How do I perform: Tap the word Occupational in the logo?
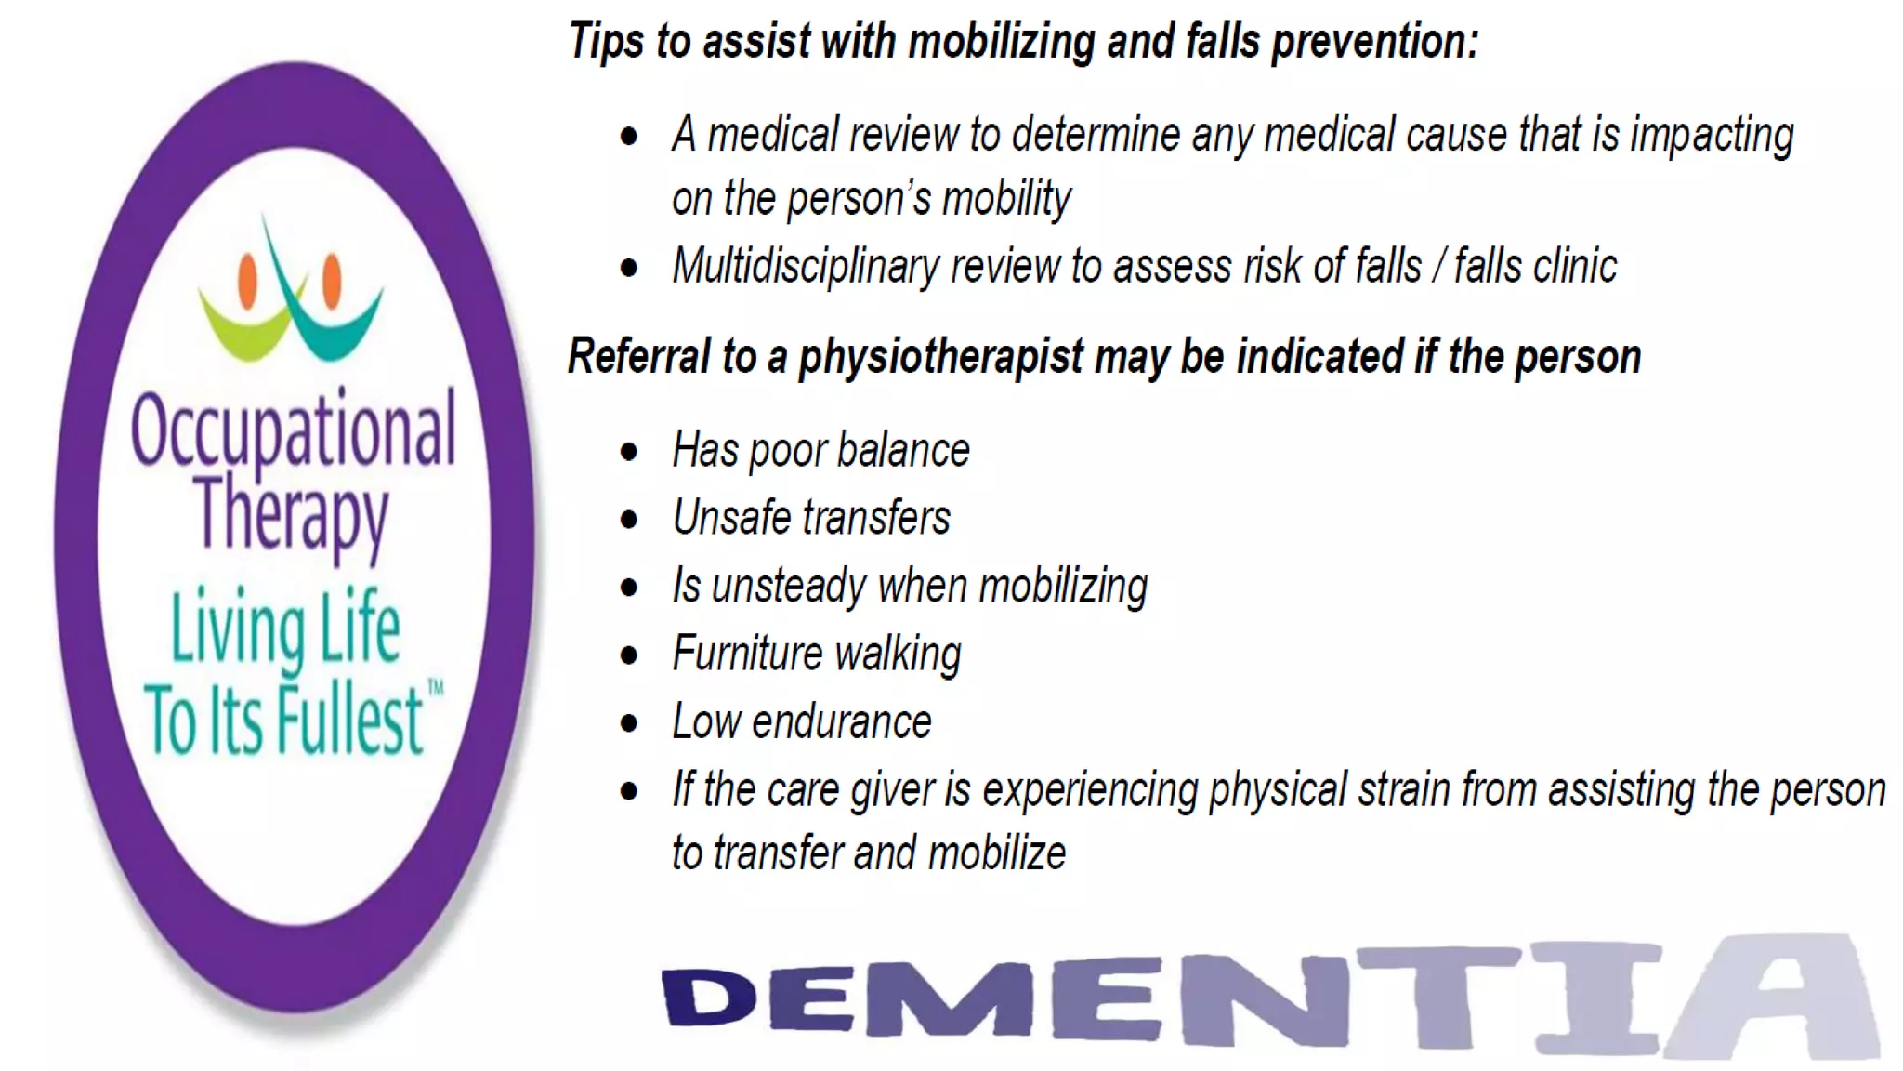point(294,430)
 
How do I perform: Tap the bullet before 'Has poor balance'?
point(629,453)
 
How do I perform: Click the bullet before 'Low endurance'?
point(629,723)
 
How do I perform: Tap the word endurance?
point(841,722)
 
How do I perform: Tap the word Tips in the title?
point(607,42)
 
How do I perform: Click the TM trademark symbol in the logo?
point(435,687)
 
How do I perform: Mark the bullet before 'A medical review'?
point(629,137)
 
